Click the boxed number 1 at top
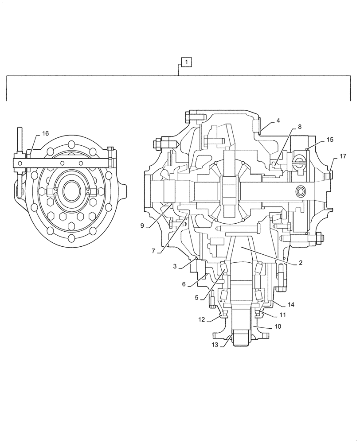187,62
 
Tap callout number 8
300,127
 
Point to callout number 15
330,140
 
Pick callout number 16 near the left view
45,133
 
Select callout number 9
142,225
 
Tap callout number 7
153,251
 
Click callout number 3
175,266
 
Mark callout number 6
184,284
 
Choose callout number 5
196,298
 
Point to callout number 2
300,263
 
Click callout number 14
291,305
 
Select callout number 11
282,315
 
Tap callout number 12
202,319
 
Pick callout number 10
278,326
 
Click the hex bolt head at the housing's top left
186,117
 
